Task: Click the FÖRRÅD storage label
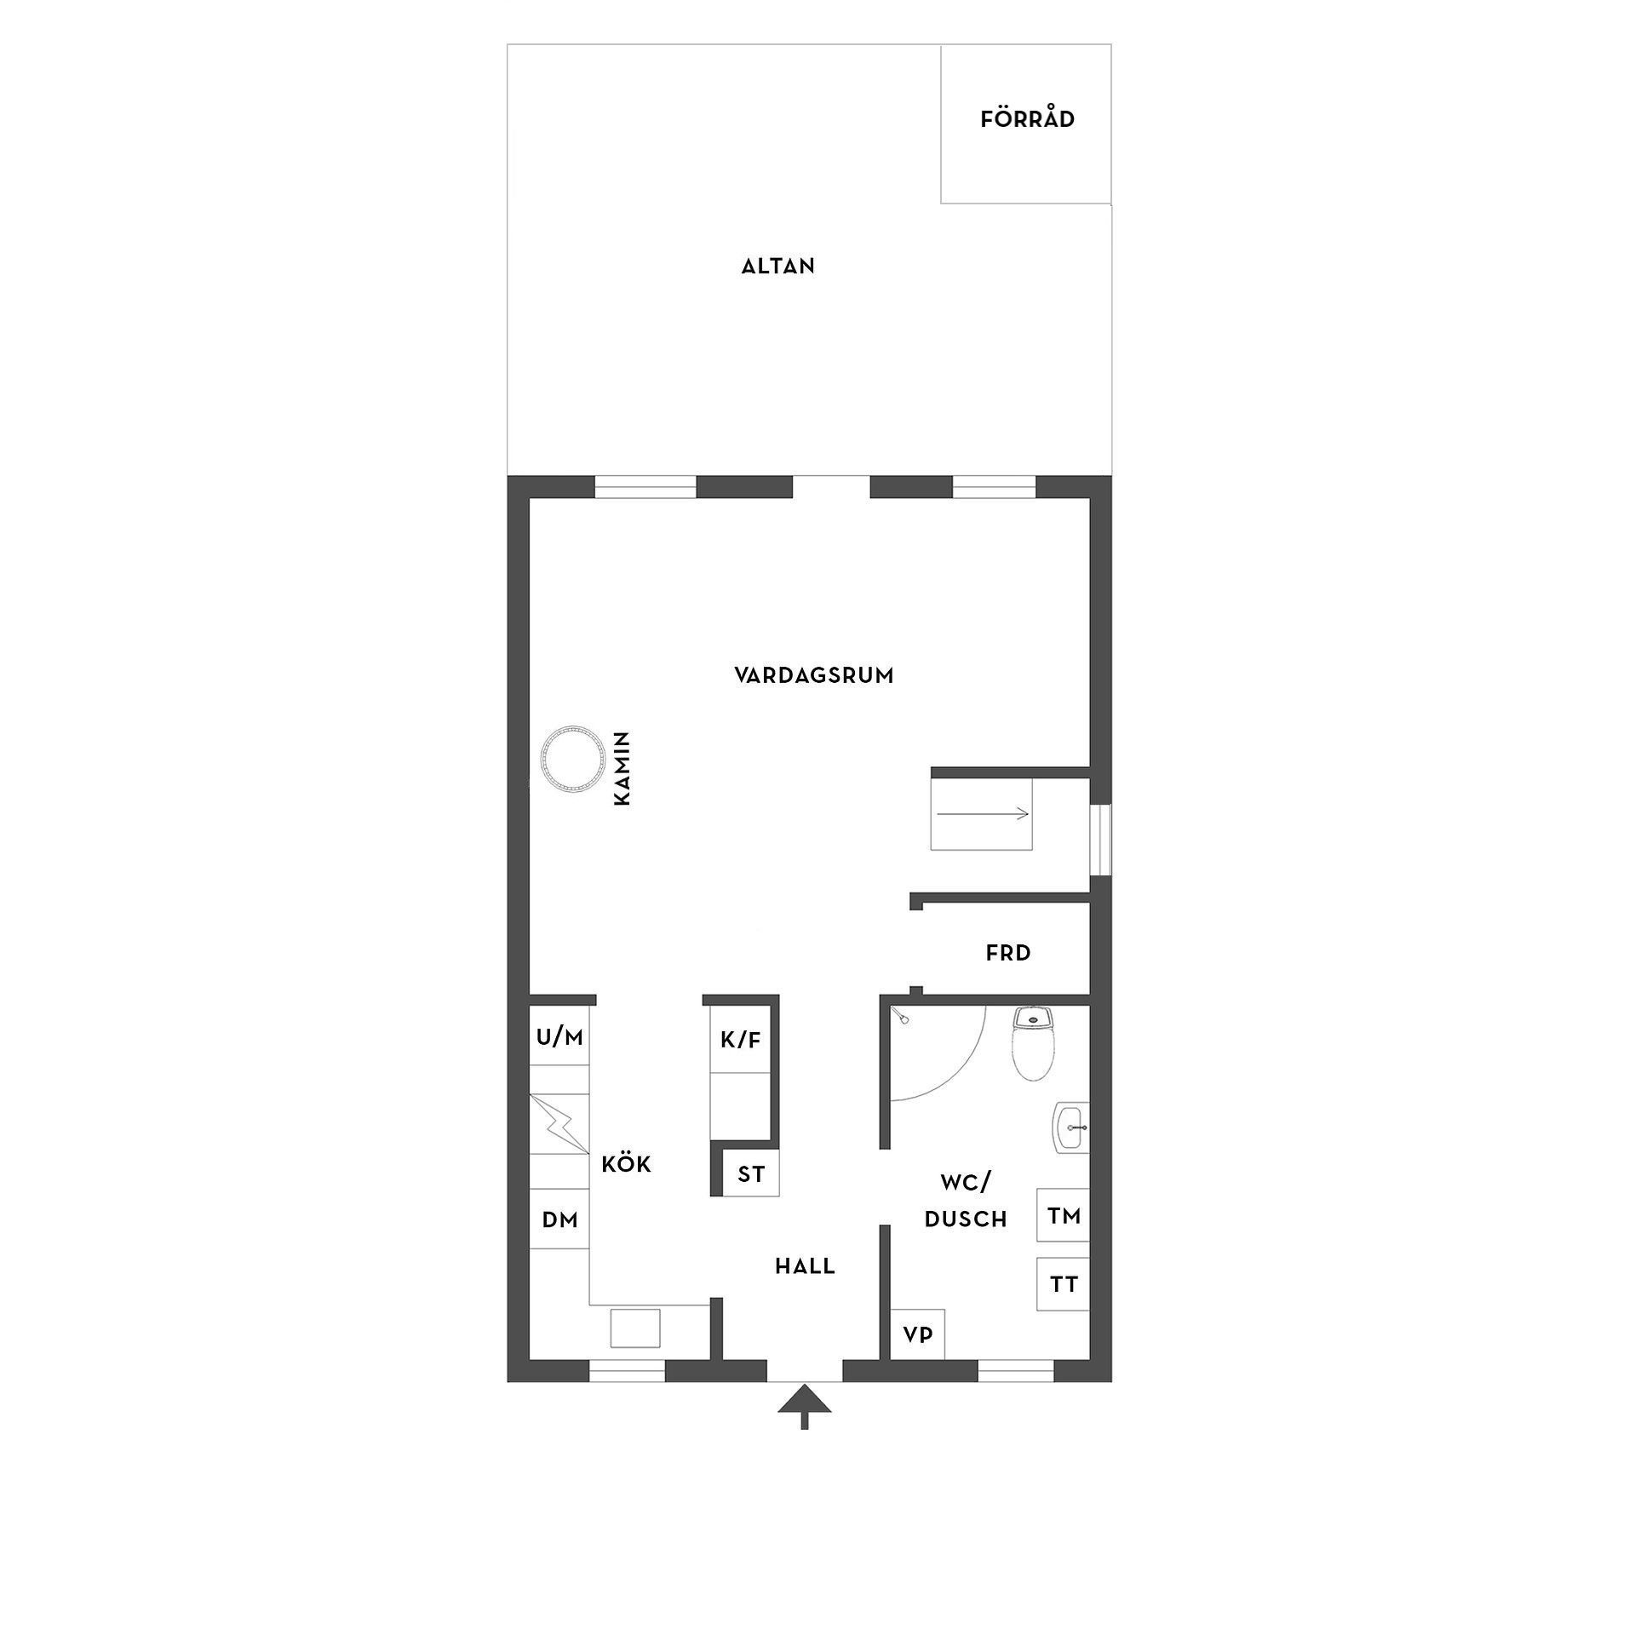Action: pyautogui.click(x=1027, y=119)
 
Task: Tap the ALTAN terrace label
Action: pyautogui.click(x=778, y=267)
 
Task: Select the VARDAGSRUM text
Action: pyautogui.click(x=814, y=675)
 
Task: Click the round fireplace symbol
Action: pyautogui.click(x=570, y=758)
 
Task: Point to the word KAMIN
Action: pyautogui.click(x=622, y=768)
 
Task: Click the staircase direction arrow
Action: pyautogui.click(x=983, y=814)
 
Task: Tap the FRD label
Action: pyautogui.click(x=1008, y=953)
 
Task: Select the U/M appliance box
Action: pyautogui.click(x=559, y=1036)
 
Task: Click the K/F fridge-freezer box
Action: pyautogui.click(x=740, y=1040)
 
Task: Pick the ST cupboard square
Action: pyautogui.click(x=751, y=1174)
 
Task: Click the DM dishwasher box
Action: pyautogui.click(x=559, y=1220)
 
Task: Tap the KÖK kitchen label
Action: pyautogui.click(x=626, y=1164)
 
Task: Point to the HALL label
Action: pyautogui.click(x=805, y=1266)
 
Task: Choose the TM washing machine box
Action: pyautogui.click(x=1064, y=1216)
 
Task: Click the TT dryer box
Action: pyautogui.click(x=1064, y=1284)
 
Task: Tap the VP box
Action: pyautogui.click(x=917, y=1334)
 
